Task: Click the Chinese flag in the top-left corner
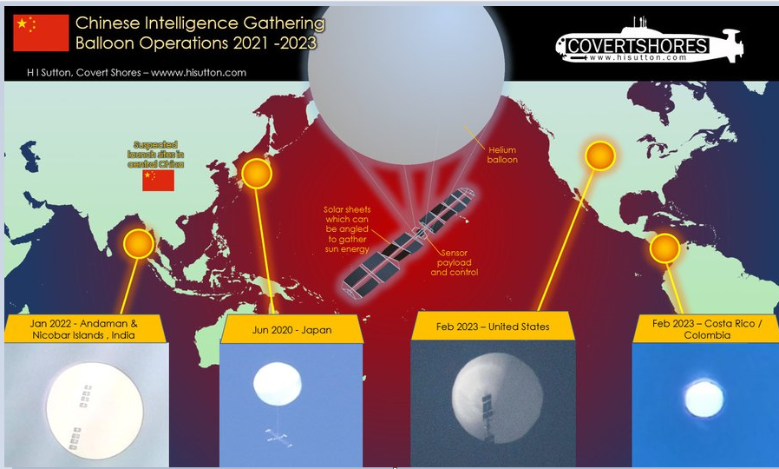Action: coord(41,33)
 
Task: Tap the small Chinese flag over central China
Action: coord(158,180)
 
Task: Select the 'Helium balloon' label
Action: coord(501,155)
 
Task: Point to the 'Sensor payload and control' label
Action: coord(455,262)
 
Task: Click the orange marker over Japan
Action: coord(256,175)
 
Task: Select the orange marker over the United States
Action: coord(599,156)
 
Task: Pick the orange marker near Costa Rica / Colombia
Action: coord(664,249)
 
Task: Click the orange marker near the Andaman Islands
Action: coord(138,244)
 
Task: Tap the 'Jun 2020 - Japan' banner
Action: coord(277,329)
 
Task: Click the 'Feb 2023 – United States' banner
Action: coord(492,327)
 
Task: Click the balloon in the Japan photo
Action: coord(277,384)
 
